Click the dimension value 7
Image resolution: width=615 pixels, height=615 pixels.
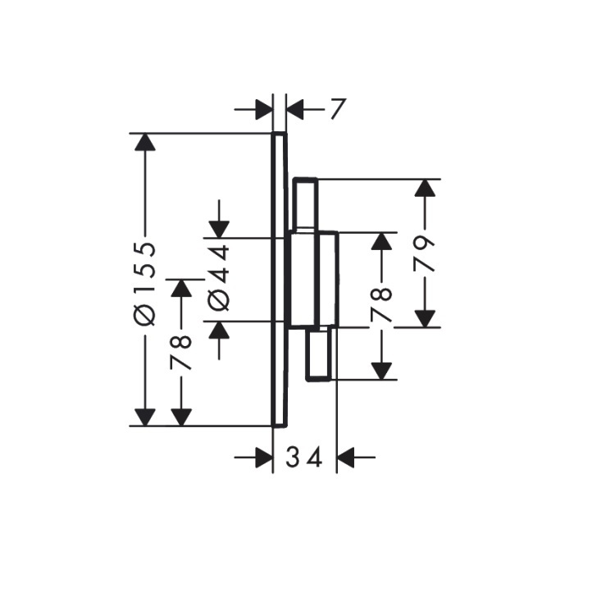tap(338, 108)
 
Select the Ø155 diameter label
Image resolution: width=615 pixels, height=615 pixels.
tap(144, 284)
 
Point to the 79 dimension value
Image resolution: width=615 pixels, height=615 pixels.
tap(425, 254)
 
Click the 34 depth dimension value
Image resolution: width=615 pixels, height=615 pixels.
tap(304, 458)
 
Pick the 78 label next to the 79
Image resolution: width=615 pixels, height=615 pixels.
tap(381, 305)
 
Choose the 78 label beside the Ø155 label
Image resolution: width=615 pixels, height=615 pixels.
tap(181, 353)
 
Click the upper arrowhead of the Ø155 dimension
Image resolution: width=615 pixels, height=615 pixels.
tap(144, 142)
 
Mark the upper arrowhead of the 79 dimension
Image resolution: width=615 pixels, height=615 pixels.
tap(425, 188)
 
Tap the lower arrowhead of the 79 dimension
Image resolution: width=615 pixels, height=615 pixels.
tap(425, 318)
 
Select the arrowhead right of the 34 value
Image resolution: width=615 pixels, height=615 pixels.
tap(345, 458)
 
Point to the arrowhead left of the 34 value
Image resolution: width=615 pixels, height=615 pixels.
tap(264, 458)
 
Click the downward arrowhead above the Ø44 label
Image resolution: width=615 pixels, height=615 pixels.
tap(219, 230)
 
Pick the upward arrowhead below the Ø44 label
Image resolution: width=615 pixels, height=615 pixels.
tap(219, 330)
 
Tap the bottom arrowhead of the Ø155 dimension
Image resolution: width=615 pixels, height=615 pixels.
tap(144, 417)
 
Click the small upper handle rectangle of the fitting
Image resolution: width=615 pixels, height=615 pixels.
tap(306, 204)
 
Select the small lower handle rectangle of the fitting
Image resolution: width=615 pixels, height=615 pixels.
tap(319, 354)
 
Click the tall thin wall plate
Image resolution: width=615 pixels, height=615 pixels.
tap(280, 280)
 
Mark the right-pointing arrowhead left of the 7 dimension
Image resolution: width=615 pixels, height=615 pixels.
tap(264, 109)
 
